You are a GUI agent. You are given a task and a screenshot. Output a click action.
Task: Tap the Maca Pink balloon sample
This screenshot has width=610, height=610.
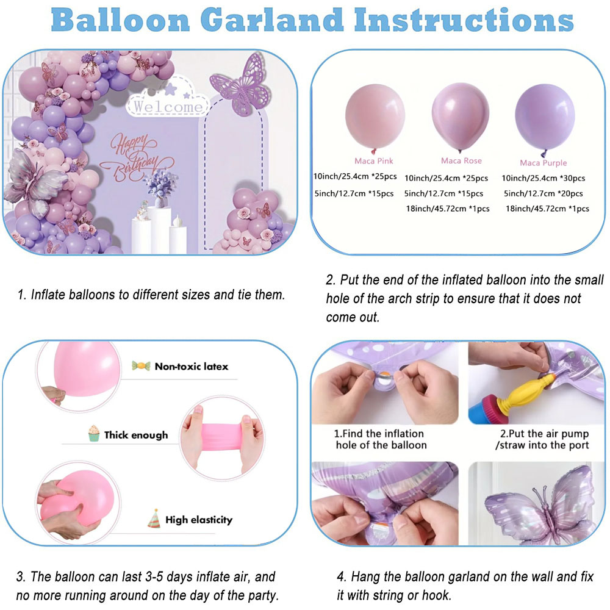(375, 117)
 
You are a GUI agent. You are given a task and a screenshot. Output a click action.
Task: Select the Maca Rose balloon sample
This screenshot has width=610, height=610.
(460, 118)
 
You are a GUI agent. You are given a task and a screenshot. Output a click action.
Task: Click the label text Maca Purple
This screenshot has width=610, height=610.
(543, 163)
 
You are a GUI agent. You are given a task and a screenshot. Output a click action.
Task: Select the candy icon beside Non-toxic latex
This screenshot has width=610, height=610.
(141, 365)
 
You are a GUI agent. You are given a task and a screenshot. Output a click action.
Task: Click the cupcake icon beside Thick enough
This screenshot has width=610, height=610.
(94, 433)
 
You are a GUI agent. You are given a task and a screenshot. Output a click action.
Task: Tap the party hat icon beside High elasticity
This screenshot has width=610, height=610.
(154, 518)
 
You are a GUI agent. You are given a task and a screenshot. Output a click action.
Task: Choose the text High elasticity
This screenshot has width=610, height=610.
(199, 520)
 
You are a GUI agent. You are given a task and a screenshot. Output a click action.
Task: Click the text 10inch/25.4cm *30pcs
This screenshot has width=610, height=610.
(543, 178)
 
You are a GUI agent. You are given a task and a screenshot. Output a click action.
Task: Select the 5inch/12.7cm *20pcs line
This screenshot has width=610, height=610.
(543, 193)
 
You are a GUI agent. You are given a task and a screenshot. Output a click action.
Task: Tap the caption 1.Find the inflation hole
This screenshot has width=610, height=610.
(381, 439)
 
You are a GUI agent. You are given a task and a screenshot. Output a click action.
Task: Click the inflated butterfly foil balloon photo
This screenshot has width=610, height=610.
(537, 504)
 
